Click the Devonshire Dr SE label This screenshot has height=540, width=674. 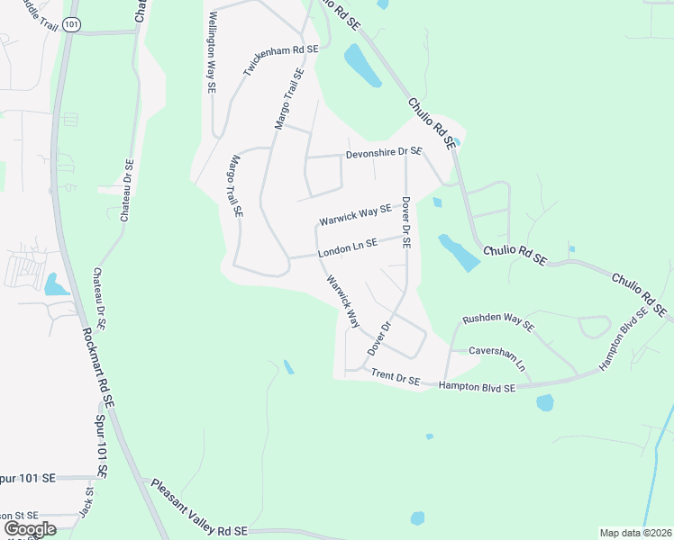[x=385, y=152]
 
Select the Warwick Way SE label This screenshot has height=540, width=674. [x=356, y=215]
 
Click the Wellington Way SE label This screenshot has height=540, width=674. [x=213, y=53]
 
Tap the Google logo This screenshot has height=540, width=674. [x=30, y=529]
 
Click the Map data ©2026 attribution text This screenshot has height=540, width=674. [x=635, y=533]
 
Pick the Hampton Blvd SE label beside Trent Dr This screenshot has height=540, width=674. [x=477, y=386]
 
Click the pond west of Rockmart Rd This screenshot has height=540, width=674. [x=55, y=286]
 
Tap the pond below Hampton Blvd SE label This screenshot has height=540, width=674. [x=545, y=402]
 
